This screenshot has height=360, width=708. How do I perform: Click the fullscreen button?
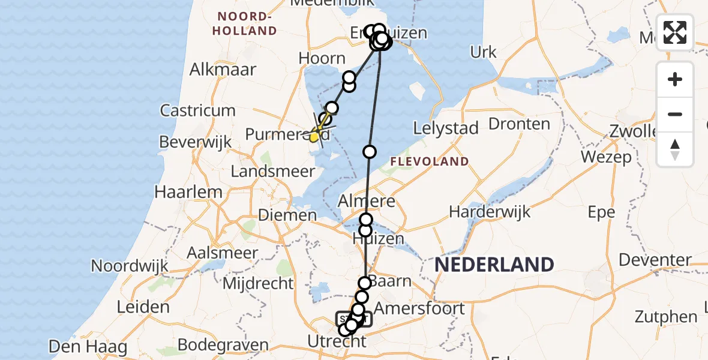pos(675,32)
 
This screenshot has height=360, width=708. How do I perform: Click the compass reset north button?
pos(675,149)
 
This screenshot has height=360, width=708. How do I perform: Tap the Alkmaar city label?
pos(223,69)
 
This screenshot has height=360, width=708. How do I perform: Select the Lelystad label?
pos(446,128)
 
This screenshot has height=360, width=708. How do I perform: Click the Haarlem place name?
pos(188,193)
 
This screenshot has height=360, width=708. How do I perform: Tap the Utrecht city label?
pos(336,342)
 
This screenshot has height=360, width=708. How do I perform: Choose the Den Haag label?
pos(88,346)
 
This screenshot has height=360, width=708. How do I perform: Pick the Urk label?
pos(484,52)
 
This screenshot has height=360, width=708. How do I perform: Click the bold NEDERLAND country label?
pos(494,265)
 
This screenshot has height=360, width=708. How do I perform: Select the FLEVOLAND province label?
pos(429,161)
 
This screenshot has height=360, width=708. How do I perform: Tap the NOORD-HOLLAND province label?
pos(247,23)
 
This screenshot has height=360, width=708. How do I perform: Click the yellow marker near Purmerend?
pos(314,137)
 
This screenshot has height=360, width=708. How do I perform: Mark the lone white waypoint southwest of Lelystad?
pos(370,152)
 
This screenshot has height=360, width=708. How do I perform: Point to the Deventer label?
pos(655,260)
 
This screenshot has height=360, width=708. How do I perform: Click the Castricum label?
pos(197,110)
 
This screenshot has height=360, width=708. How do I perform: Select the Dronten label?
pos(519,124)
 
